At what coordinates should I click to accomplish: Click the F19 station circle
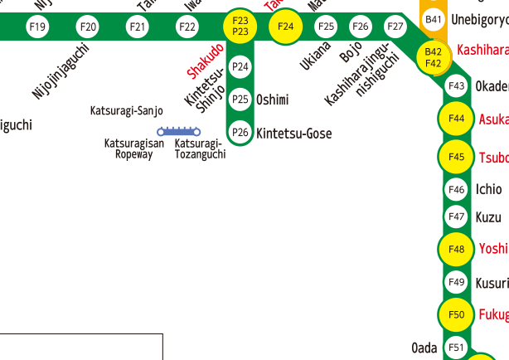37,27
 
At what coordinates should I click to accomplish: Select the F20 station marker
88,27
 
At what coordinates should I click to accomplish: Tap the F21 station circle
138,27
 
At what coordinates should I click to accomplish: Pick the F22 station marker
188,27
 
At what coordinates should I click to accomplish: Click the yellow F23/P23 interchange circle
241,26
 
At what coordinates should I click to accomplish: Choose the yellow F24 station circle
286,27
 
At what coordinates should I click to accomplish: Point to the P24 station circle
240,66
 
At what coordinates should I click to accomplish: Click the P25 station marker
240,100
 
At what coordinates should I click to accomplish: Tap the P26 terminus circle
240,132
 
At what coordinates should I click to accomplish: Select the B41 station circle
433,19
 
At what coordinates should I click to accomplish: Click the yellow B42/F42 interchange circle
433,56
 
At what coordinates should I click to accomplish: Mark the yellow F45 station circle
456,157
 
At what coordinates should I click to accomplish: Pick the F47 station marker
456,217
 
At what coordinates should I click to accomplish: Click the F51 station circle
456,347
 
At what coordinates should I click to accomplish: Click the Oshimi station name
273,100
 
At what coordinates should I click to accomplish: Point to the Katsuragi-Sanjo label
127,110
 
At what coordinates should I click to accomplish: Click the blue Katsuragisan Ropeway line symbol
180,131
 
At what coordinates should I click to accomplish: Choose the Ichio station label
488,189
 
